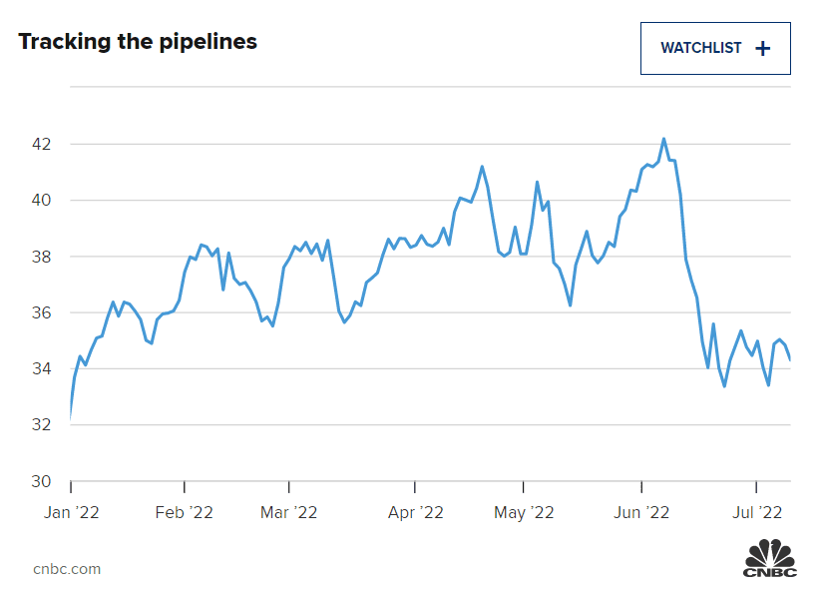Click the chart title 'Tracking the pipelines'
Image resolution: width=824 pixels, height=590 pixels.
138,42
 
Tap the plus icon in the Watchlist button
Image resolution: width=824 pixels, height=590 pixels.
763,48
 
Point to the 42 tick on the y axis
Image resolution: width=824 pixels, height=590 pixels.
41,144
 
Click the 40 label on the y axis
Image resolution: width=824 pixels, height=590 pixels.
41,201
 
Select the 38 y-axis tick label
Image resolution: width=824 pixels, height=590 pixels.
41,257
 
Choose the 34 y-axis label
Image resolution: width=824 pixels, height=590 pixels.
41,369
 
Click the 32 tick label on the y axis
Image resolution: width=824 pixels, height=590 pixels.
41,425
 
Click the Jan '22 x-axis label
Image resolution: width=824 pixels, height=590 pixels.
71,513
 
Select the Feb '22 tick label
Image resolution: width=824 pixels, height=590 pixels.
185,513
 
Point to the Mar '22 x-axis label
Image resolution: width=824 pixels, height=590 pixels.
288,513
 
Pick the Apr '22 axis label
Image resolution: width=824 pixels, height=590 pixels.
415,513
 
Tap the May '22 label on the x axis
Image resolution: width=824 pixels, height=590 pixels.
525,513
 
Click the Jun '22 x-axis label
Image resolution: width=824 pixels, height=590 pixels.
640,513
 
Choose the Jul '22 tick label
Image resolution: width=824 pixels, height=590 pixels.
756,513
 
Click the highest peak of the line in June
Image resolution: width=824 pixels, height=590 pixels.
663,140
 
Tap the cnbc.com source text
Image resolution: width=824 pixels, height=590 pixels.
67,569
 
